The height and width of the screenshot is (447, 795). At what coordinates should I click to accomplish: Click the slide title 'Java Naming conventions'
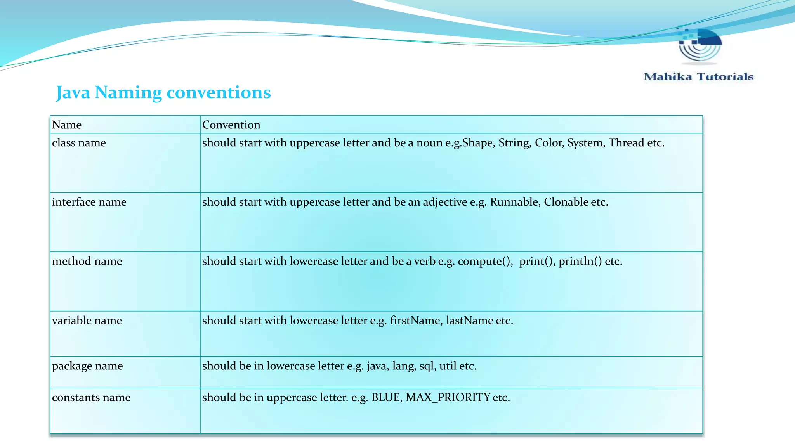[163, 92]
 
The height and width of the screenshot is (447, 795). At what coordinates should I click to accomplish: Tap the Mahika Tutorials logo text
[698, 76]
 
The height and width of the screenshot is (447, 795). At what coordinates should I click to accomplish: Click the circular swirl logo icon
[700, 46]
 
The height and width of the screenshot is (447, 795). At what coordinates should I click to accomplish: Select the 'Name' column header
[67, 125]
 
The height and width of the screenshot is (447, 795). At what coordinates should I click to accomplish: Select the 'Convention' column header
[231, 125]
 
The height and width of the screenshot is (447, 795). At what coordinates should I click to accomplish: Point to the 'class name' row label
[79, 143]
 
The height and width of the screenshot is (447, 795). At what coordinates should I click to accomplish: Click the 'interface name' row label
[89, 202]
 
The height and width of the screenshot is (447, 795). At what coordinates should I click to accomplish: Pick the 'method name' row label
[87, 262]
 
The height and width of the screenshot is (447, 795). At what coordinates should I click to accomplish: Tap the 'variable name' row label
[87, 321]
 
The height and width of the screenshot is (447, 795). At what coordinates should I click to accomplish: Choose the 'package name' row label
[87, 366]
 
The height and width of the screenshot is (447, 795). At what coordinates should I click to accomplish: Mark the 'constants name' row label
[91, 398]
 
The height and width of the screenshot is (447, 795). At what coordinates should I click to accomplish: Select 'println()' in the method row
[580, 262]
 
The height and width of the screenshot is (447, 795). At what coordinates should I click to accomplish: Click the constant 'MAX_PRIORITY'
[448, 398]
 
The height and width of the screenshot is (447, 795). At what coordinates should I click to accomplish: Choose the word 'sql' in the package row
[427, 366]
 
